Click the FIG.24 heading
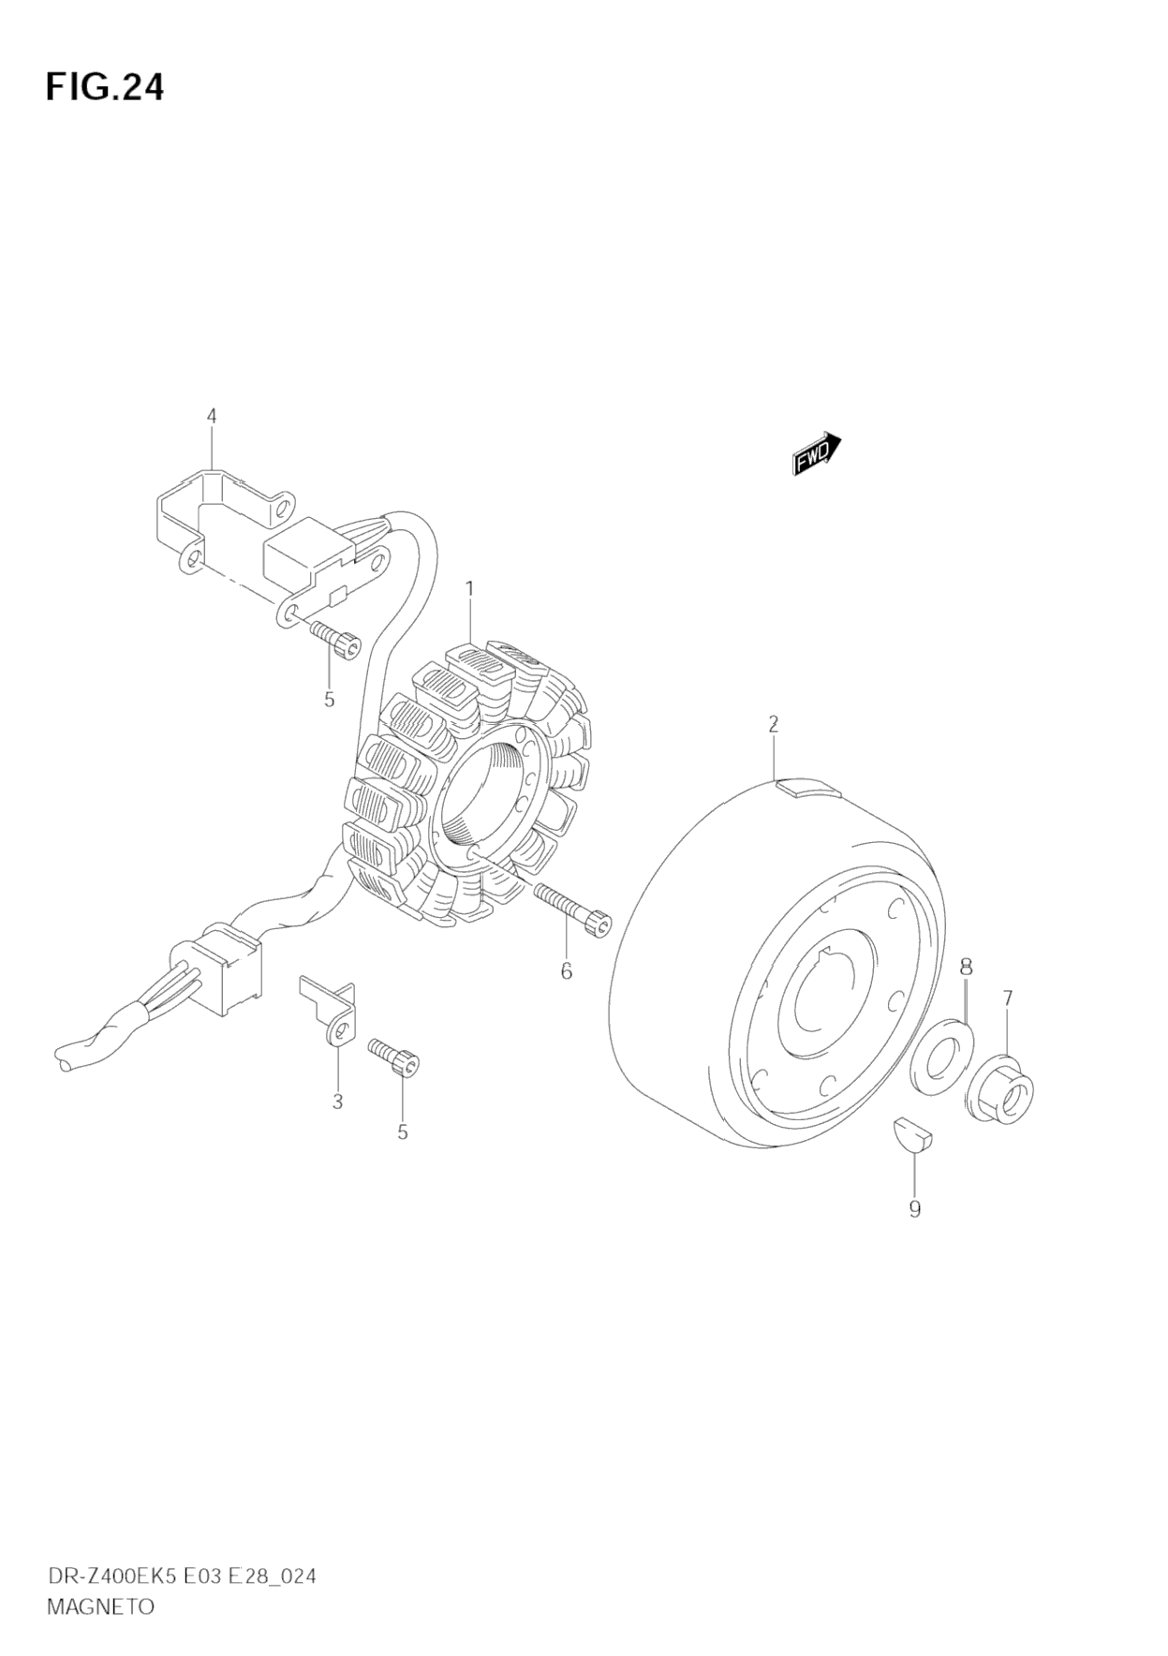tap(105, 87)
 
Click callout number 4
tap(212, 415)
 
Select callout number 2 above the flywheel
tap(774, 723)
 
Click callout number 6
tap(566, 971)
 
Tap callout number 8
tap(966, 966)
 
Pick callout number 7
tap(1008, 998)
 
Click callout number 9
tap(915, 1209)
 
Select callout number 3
tap(338, 1102)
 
